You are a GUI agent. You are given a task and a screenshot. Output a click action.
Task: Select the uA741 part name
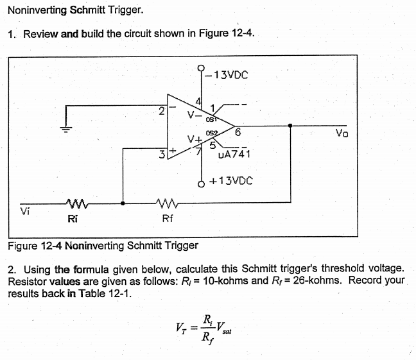click(234, 155)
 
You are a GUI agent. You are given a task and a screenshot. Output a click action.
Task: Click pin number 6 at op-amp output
click(238, 133)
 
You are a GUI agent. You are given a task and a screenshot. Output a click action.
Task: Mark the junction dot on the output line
click(292, 126)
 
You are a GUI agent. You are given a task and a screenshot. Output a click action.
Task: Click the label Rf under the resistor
click(167, 219)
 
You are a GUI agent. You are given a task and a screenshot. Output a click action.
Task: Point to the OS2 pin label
click(212, 133)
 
